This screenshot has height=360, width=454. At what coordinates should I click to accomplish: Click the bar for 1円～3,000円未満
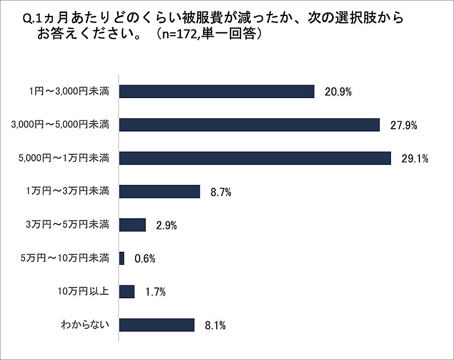(x=216, y=91)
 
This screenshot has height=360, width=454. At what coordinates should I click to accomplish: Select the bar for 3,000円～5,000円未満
(x=249, y=125)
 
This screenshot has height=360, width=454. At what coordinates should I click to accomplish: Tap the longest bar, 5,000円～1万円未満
(x=255, y=158)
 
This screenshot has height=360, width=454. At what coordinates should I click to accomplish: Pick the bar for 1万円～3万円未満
(x=159, y=191)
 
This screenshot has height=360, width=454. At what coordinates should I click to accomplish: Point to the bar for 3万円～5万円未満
(x=133, y=225)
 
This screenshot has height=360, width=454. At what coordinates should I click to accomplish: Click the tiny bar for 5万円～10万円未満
(x=121, y=258)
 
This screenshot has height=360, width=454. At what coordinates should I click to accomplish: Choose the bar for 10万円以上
(x=127, y=291)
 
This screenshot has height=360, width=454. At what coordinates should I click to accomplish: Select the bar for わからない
(x=157, y=325)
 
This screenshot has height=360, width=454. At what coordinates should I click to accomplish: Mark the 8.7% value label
(x=220, y=192)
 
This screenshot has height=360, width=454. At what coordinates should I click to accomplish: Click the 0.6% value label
(x=144, y=259)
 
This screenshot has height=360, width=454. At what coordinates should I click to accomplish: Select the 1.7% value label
(x=154, y=293)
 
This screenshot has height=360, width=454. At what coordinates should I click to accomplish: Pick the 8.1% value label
(x=215, y=326)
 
